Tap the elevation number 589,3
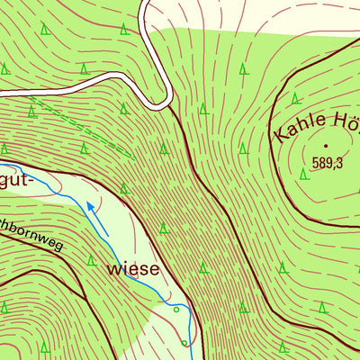pos(328,163)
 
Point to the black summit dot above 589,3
pos(327,144)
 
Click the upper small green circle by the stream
pos(176,310)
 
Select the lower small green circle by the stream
pos(183,342)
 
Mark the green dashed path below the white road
pos(81,126)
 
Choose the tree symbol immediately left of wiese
pos(92,261)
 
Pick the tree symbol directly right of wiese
pos(203,267)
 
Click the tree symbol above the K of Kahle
pos(295,98)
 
